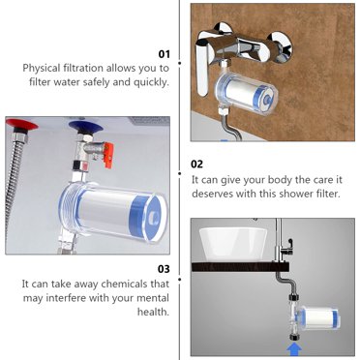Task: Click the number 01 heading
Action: pyautogui.click(x=164, y=54)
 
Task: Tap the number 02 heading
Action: pyautogui.click(x=196, y=165)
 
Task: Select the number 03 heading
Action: pyautogui.click(x=164, y=268)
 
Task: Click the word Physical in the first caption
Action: pyautogui.click(x=46, y=69)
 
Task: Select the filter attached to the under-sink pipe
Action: pyautogui.click(x=314, y=318)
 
